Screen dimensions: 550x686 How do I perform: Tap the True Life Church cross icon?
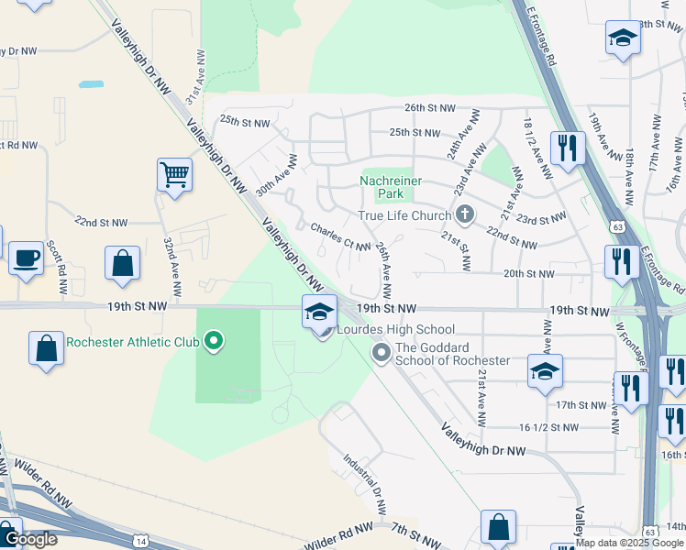tap(465, 215)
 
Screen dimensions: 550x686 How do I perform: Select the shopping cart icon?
tap(174, 173)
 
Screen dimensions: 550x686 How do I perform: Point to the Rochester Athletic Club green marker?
tap(214, 343)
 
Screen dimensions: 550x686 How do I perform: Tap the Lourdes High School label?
tap(395, 329)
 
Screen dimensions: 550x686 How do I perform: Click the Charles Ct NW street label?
tap(339, 237)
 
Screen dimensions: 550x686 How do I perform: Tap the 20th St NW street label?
tap(529, 273)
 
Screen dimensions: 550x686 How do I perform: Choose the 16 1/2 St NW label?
tap(548, 427)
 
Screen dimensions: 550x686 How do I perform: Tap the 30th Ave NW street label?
tap(277, 174)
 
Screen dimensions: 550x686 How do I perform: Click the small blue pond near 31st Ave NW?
tap(91, 84)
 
